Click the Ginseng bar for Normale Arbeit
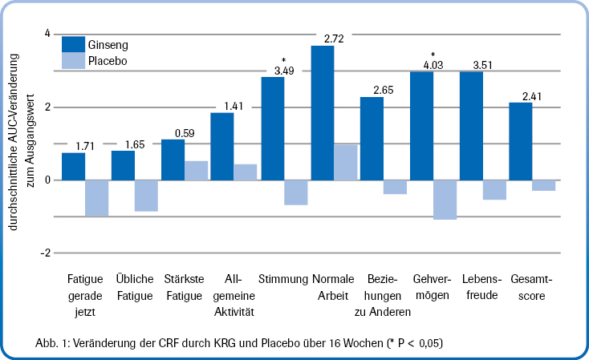coord(323,112)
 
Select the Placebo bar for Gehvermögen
coord(445,199)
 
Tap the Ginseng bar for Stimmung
coord(273,128)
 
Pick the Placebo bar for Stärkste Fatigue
coord(197,170)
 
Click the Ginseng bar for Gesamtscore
coord(521,141)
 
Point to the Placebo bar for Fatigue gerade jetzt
coord(97,197)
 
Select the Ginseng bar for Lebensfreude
coord(471,126)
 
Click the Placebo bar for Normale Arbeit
coord(345,162)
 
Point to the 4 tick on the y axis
coord(47,34)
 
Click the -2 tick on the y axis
coord(46,253)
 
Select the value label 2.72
coord(333,38)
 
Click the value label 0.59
coord(185,133)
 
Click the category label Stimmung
coord(283,280)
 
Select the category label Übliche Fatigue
coord(134,287)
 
